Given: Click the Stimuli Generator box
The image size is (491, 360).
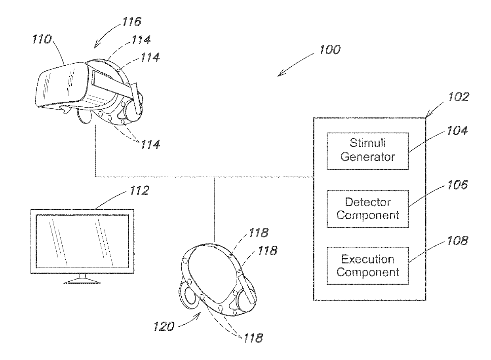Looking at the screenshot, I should click(367, 151).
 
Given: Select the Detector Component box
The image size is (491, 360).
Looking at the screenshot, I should click(367, 209).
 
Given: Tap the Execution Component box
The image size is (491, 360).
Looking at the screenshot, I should click(367, 266).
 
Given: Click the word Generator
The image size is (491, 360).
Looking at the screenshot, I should click(367, 157).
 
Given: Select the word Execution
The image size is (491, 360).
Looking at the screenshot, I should click(367, 260).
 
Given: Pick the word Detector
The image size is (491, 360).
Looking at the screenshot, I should click(367, 203).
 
